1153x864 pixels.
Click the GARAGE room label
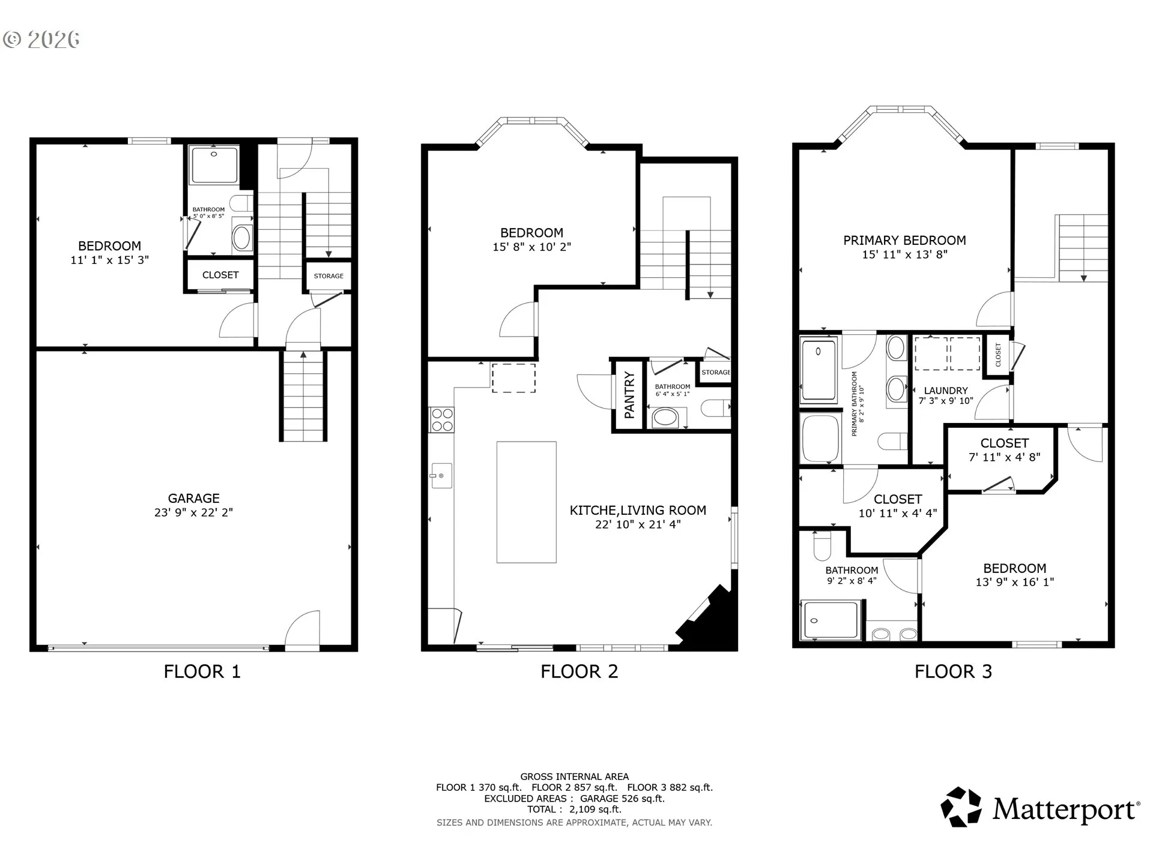[193, 498]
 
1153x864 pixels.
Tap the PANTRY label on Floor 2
[629, 395]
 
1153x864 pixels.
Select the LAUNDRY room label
[946, 391]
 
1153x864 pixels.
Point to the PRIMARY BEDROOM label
[904, 241]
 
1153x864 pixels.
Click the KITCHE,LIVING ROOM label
[638, 511]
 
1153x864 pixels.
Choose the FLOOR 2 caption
[580, 671]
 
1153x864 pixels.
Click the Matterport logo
[1040, 808]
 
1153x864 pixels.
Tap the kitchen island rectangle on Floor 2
[527, 502]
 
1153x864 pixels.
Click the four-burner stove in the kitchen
[441, 419]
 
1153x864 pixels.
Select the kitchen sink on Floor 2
[441, 476]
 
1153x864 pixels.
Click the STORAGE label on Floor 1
[328, 276]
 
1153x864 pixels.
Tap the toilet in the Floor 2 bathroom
[716, 408]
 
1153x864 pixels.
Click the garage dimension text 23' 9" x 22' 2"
[193, 512]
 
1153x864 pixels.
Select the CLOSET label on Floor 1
[220, 275]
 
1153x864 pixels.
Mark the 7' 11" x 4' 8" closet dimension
[1005, 457]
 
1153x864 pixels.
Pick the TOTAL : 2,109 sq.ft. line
[575, 809]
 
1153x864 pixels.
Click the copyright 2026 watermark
[41, 40]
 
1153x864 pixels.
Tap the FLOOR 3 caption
[954, 671]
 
